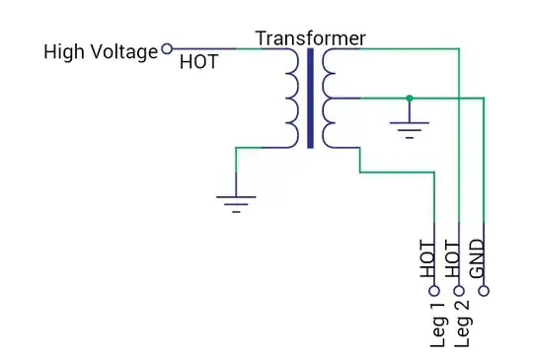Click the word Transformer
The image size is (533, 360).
coord(310,38)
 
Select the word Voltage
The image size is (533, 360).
coord(123,51)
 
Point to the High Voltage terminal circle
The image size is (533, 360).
coord(167,47)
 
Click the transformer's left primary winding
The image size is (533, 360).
coord(291,98)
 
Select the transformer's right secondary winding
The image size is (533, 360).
coord(329,98)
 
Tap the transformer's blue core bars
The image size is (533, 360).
coord(310,98)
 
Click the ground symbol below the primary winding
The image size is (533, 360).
coord(235,203)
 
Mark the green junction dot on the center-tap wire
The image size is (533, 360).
coord(409,98)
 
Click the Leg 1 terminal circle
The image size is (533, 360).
coord(433,291)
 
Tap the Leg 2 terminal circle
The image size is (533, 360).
coord(458,291)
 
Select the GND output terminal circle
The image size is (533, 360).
coord(483,291)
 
